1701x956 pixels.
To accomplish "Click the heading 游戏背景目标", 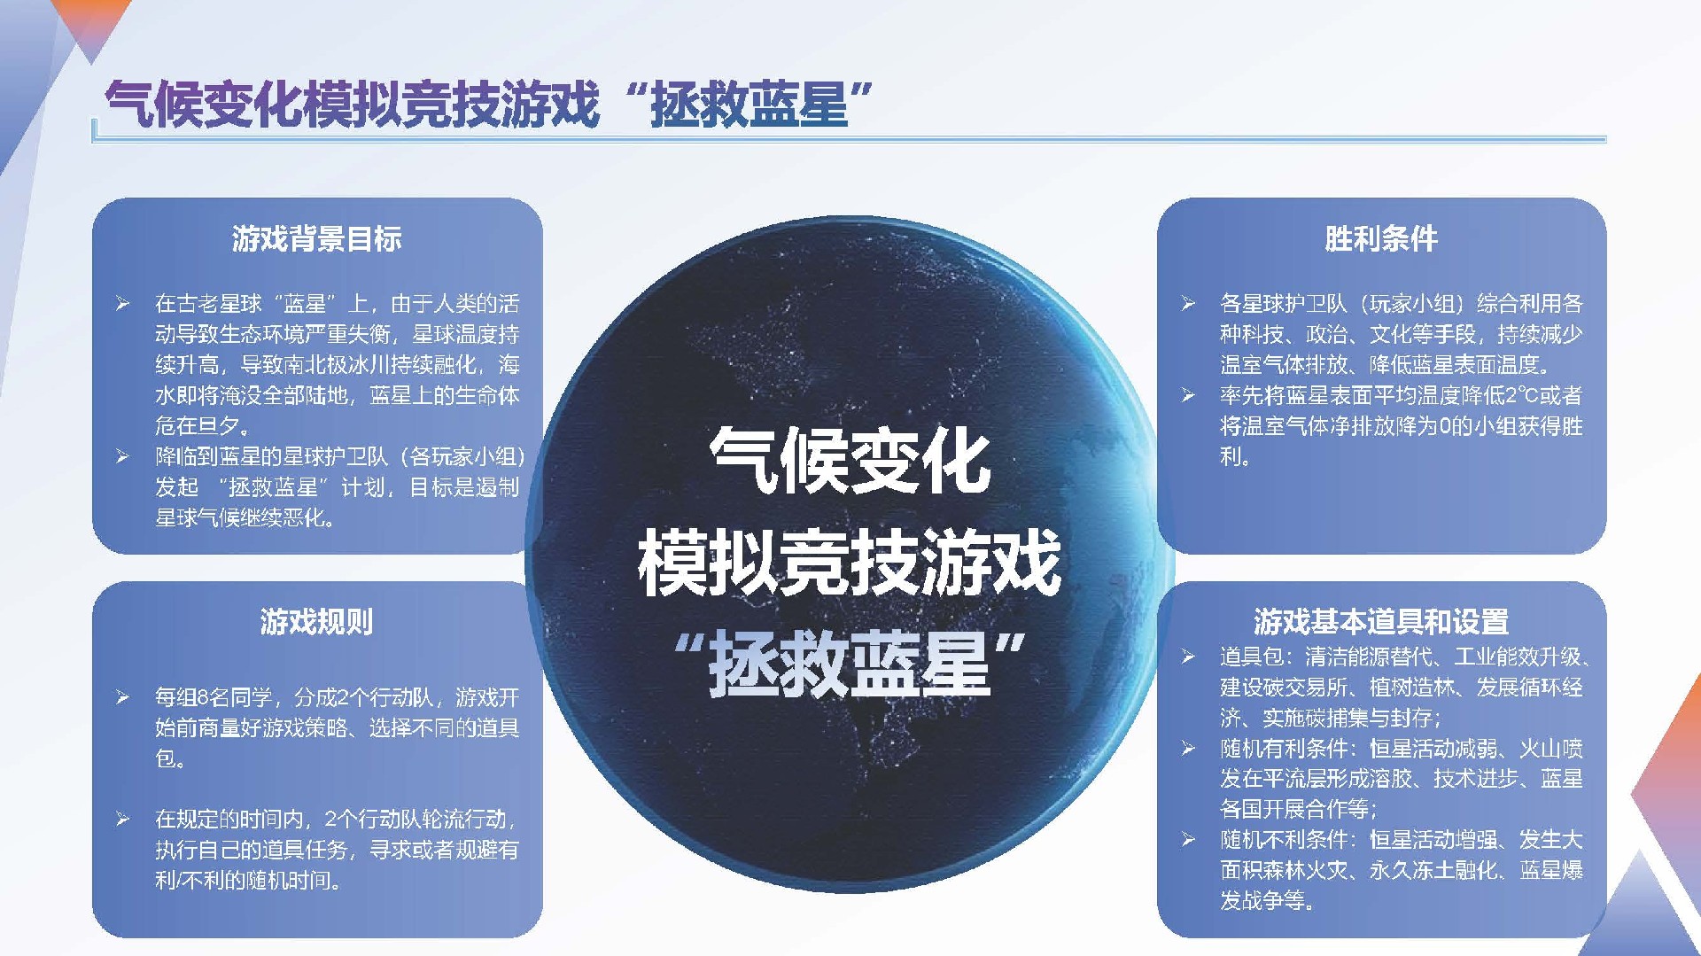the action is (x=316, y=238).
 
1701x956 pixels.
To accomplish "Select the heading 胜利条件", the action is (x=1381, y=238).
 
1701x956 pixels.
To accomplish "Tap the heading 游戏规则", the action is (x=316, y=621).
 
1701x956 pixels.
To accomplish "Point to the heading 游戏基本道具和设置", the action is (x=1381, y=621).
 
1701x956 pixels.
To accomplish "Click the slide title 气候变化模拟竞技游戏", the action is (x=353, y=104).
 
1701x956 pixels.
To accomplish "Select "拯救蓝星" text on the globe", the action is (x=850, y=664).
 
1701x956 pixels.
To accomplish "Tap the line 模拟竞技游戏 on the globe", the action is (x=850, y=562).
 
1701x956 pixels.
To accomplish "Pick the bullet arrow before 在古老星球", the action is (x=122, y=305).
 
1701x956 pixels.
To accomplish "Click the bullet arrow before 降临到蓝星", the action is (x=122, y=457).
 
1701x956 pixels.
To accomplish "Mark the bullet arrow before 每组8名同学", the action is (x=122, y=698).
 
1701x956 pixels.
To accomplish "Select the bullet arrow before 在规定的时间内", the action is (x=122, y=820).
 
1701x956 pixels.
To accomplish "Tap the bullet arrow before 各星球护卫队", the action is (x=1187, y=305).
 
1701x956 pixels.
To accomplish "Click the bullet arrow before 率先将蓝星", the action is (x=1187, y=396).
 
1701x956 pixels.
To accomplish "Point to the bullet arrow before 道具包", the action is (x=1187, y=657).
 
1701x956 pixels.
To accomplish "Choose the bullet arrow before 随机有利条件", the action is (x=1187, y=750).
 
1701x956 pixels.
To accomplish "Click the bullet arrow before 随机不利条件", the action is (x=1187, y=840).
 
